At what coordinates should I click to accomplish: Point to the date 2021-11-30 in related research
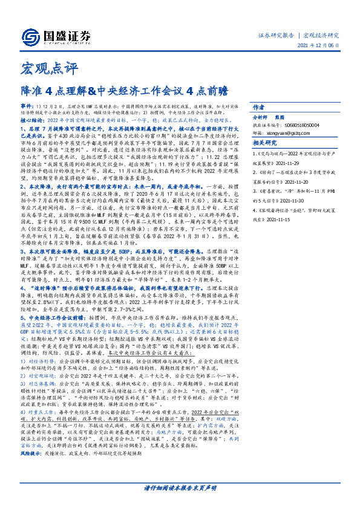(299, 202)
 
